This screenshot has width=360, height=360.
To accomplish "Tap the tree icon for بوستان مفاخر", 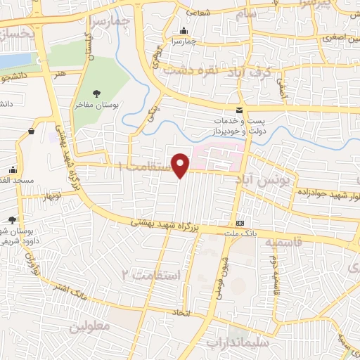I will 97,93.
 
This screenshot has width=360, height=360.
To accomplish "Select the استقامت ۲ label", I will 152,273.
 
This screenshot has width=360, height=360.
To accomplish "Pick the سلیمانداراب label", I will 235,342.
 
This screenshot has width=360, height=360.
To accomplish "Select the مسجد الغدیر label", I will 17,181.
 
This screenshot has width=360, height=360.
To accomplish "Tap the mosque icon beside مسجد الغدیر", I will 12,169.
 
